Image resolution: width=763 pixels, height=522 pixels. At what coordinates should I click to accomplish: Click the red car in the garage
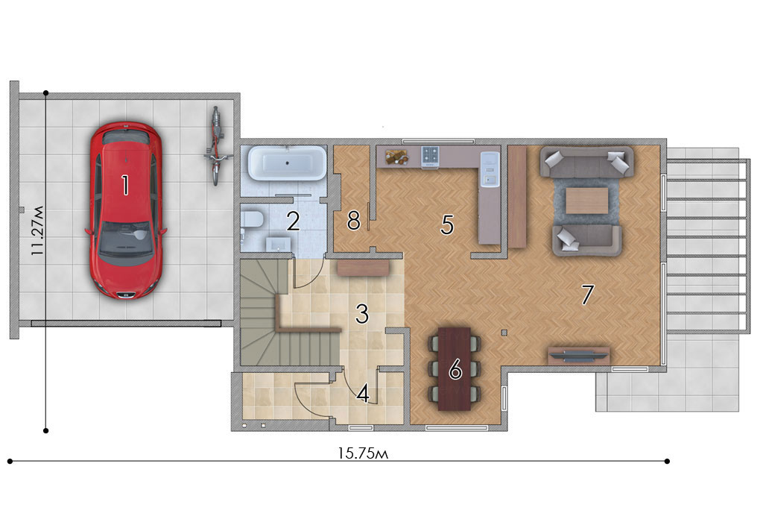[125, 210]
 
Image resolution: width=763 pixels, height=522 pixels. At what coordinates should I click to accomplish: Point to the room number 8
[354, 221]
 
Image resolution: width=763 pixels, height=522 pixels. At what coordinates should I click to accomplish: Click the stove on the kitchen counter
[430, 157]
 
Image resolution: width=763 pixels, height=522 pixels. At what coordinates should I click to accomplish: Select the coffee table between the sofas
[587, 200]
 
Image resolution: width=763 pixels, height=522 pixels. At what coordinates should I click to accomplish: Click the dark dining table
[455, 368]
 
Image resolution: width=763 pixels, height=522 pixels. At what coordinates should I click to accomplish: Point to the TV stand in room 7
[579, 355]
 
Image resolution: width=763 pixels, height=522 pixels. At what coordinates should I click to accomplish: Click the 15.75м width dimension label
[363, 453]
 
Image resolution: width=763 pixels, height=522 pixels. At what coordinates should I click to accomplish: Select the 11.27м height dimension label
[37, 231]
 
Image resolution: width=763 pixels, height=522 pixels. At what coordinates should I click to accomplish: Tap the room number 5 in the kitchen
[447, 225]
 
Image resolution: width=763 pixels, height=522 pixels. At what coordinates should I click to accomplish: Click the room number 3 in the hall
[362, 314]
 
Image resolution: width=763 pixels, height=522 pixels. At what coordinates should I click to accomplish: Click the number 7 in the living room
[588, 295]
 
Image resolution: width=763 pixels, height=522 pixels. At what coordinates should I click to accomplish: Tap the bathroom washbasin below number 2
[278, 243]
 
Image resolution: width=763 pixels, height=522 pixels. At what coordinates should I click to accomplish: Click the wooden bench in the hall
[364, 268]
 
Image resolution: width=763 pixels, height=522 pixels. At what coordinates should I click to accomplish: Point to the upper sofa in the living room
[587, 161]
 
